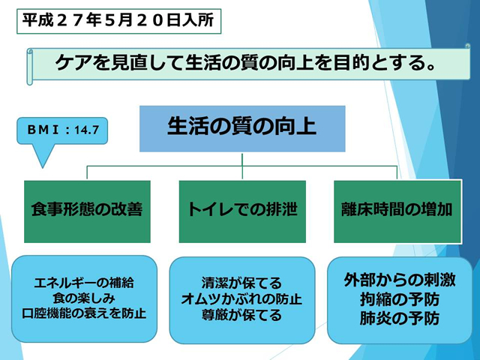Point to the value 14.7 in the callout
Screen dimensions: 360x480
coord(86,130)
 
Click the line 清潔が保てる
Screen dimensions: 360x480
coord(241,283)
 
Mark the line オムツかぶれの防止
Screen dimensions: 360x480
coord(241,299)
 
